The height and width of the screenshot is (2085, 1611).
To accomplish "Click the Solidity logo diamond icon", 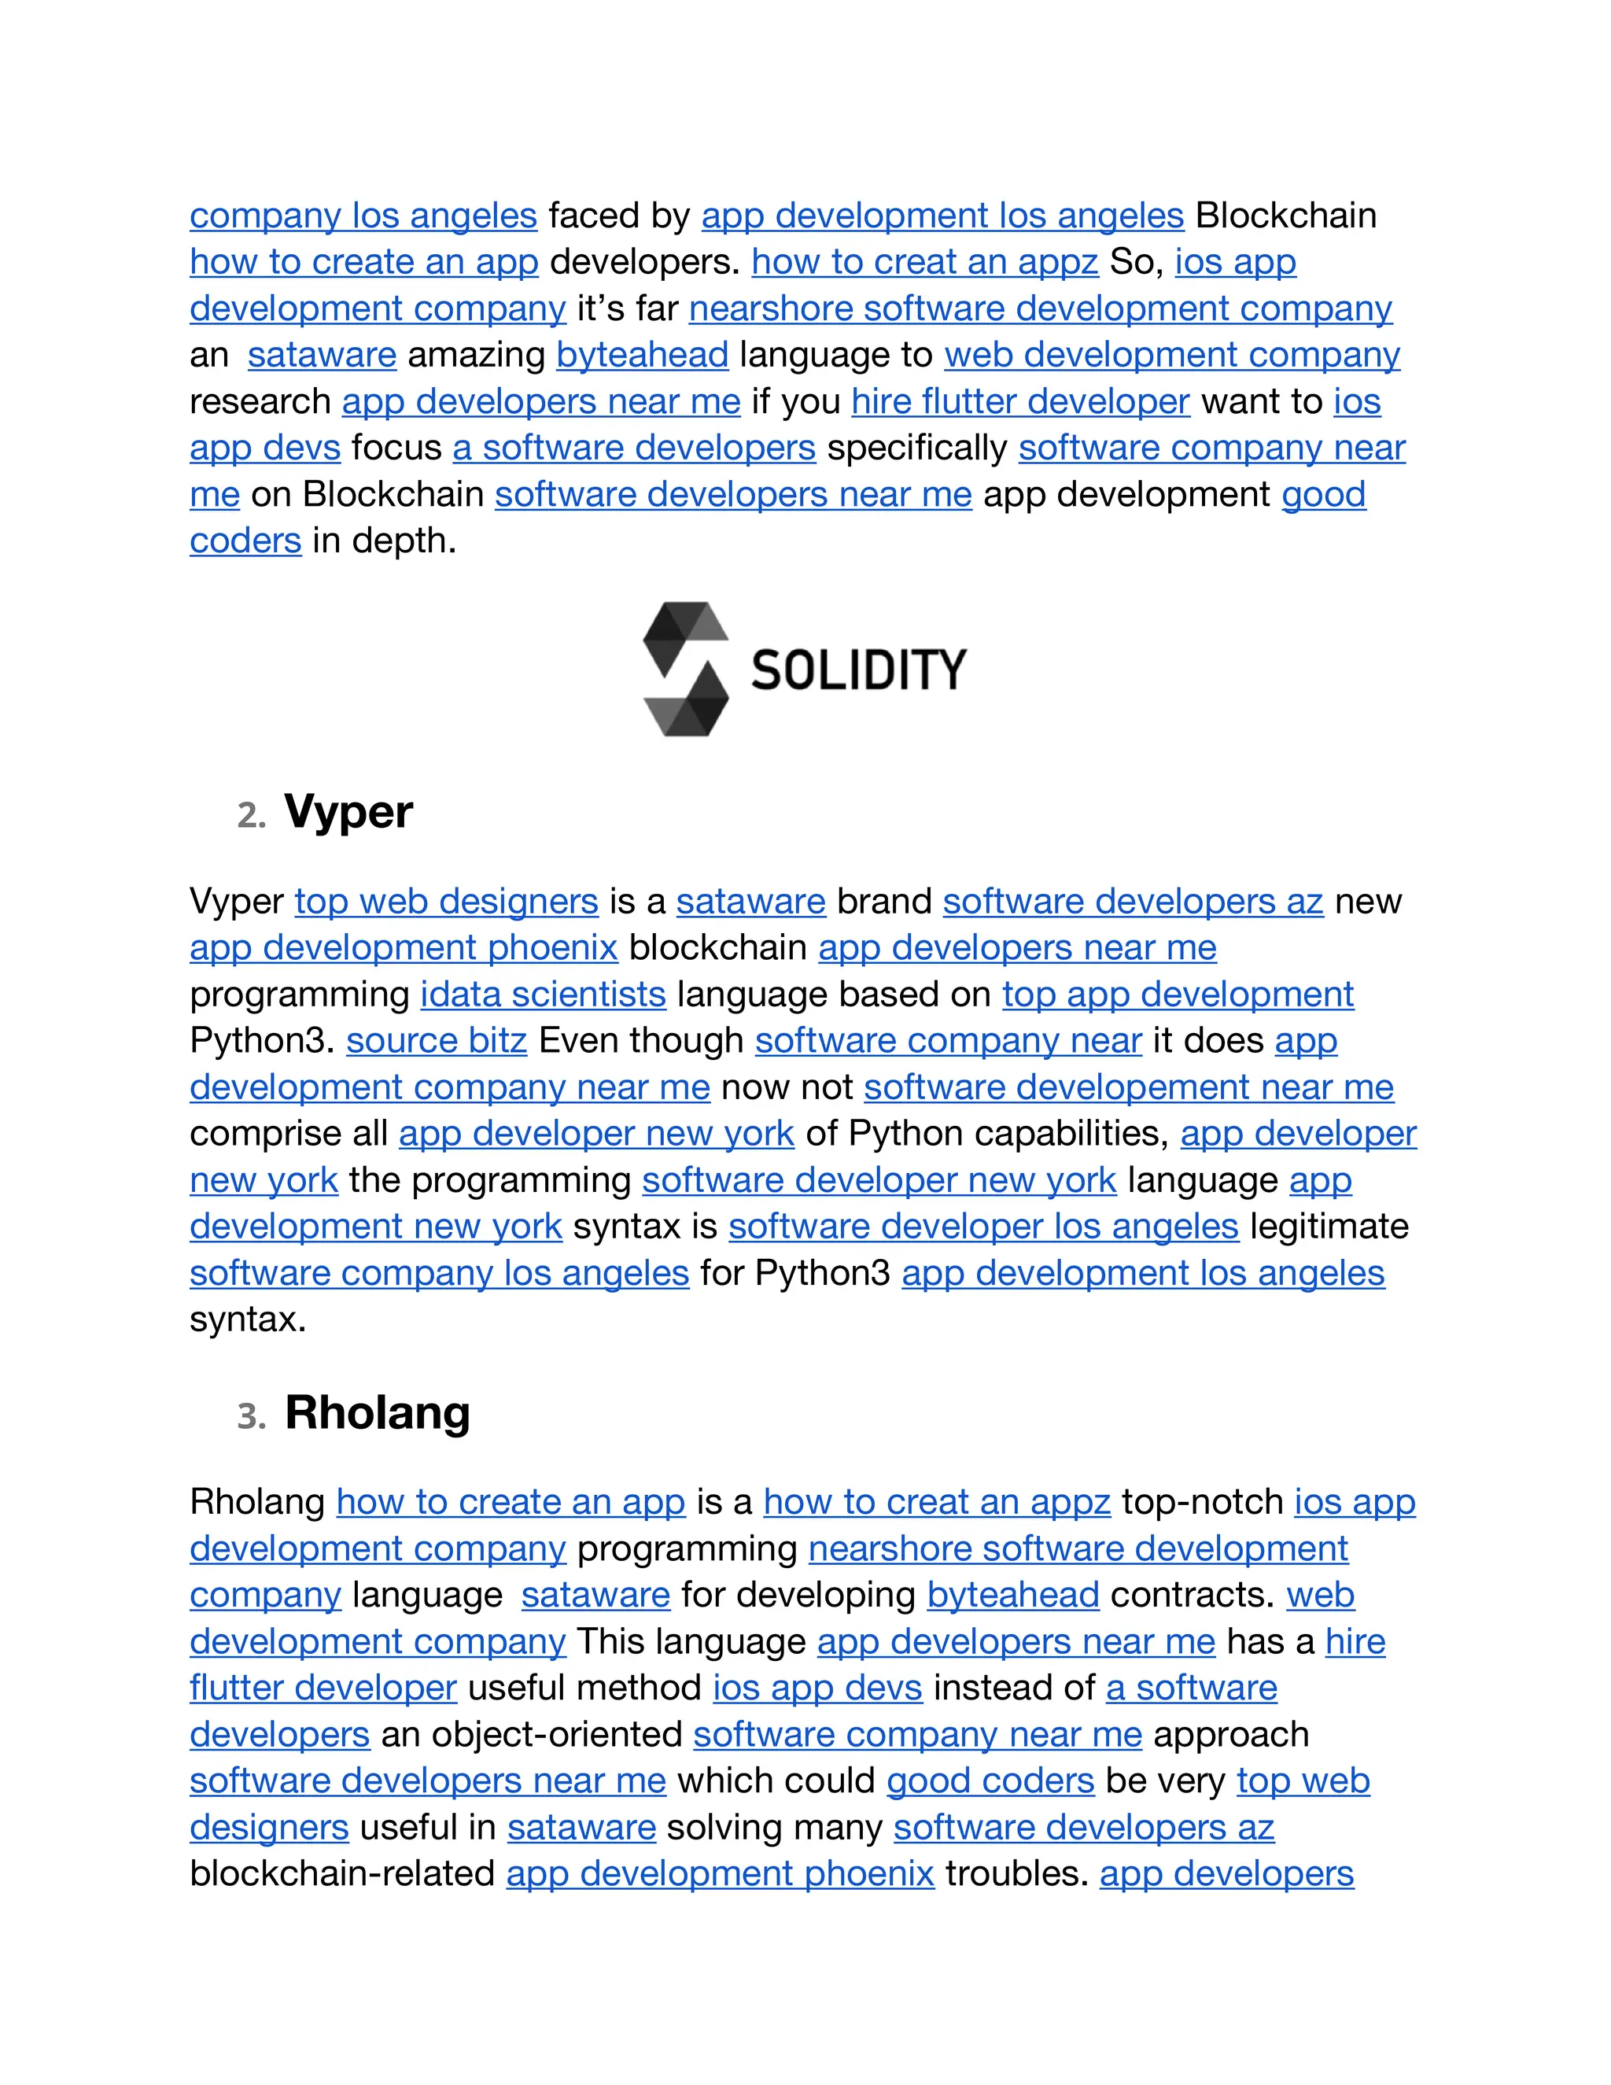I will (685, 668).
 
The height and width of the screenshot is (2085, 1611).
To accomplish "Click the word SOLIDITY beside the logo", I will (858, 670).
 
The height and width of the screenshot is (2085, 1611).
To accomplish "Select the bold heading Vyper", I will (348, 813).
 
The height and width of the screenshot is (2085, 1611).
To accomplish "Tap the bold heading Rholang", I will (377, 1413).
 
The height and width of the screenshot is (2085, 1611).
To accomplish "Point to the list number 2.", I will (250, 816).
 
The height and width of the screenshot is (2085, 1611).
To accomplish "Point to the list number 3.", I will (250, 1417).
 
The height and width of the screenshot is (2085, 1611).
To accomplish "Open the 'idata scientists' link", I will (543, 994).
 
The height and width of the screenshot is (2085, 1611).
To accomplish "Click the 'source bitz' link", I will (436, 1041).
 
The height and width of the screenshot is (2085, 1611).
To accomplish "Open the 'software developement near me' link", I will (1128, 1087).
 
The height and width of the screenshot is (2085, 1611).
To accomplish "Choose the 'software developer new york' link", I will (879, 1180).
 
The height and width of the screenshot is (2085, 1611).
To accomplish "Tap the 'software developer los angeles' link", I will (983, 1227).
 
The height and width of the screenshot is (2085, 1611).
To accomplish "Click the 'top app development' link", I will (1178, 994).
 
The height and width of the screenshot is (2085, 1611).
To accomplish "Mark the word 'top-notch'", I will (1202, 1502).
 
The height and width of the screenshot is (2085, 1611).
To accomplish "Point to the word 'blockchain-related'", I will (341, 1874).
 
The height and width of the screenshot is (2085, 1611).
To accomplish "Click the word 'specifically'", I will (916, 448).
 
